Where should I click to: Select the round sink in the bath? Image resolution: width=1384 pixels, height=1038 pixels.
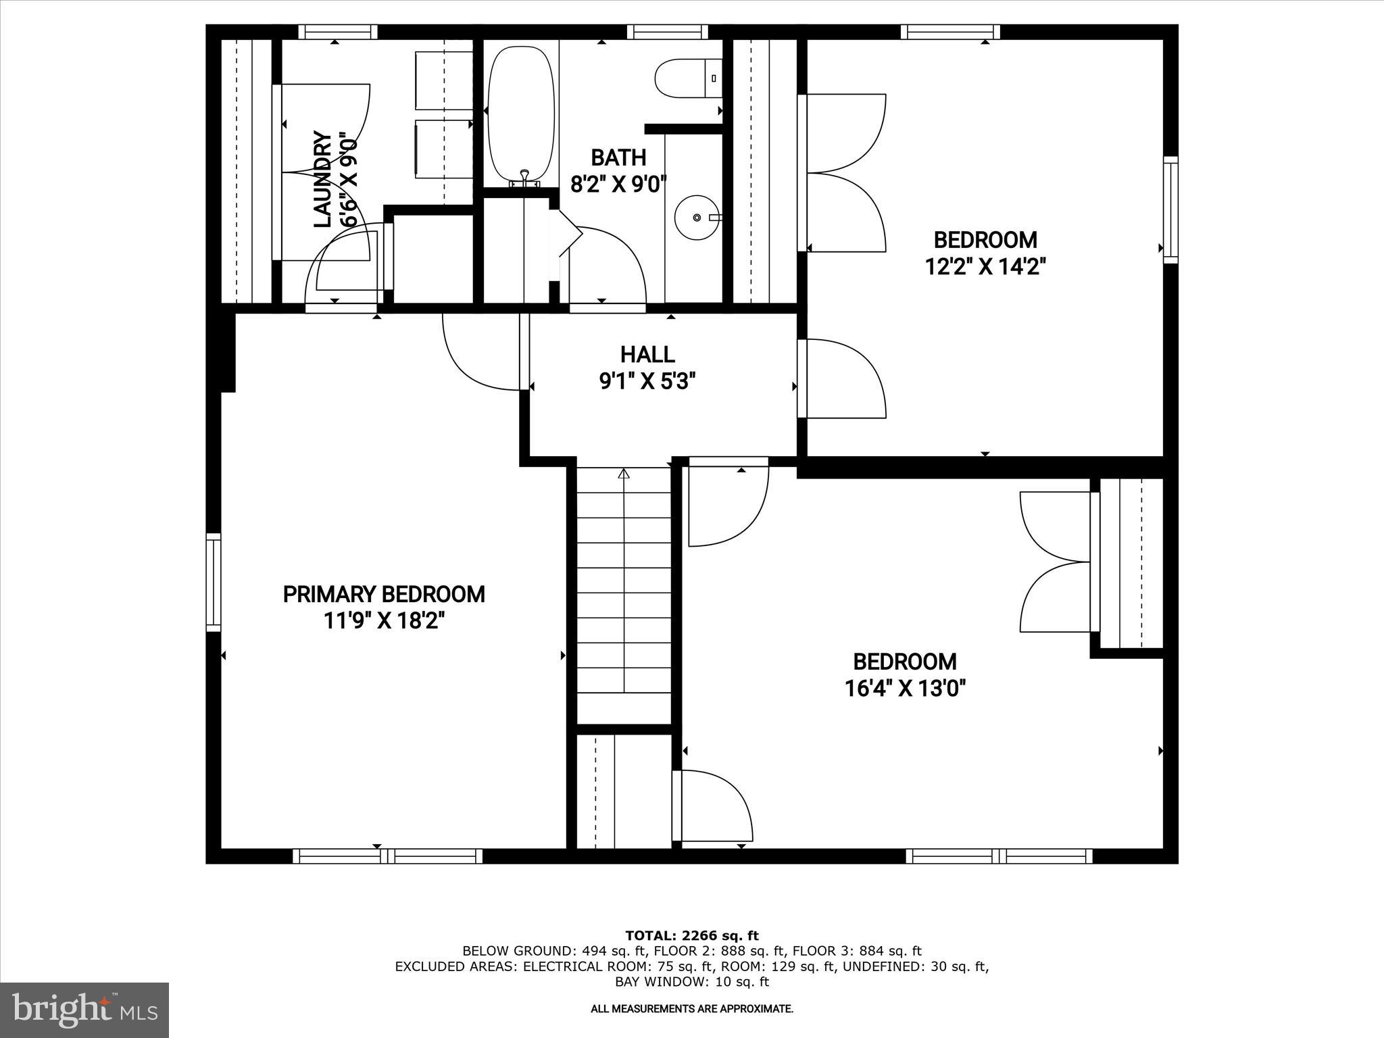[x=695, y=217]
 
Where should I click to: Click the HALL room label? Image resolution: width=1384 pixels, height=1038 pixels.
[x=647, y=354]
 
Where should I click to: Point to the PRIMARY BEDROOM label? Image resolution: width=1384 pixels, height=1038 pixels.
[x=384, y=595]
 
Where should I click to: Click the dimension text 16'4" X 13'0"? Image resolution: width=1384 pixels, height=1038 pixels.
[x=905, y=689]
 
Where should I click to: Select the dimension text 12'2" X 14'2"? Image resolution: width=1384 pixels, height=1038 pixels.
[x=985, y=267]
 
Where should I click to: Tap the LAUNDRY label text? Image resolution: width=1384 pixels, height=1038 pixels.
[x=323, y=180]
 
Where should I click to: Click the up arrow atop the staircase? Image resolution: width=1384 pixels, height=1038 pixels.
[x=624, y=474]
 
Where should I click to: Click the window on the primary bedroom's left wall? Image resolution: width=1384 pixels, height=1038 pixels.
[x=214, y=582]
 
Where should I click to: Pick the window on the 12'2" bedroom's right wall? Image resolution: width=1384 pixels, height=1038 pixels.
[x=1170, y=209]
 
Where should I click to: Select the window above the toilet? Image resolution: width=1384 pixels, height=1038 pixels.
[x=667, y=32]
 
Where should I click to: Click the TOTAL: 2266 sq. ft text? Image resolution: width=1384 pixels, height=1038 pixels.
[x=692, y=936]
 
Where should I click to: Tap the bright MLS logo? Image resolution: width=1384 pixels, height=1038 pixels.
[x=84, y=1010]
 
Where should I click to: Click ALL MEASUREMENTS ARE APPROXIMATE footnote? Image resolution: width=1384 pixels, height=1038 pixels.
[x=692, y=1009]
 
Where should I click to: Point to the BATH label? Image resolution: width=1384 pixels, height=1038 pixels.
[x=618, y=157]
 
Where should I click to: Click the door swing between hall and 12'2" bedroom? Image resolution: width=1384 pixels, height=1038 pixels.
[x=845, y=378]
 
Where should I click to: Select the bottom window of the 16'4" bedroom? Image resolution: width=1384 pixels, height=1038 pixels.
[x=999, y=856]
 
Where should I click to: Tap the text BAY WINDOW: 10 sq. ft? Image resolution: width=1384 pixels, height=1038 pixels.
[x=692, y=982]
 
